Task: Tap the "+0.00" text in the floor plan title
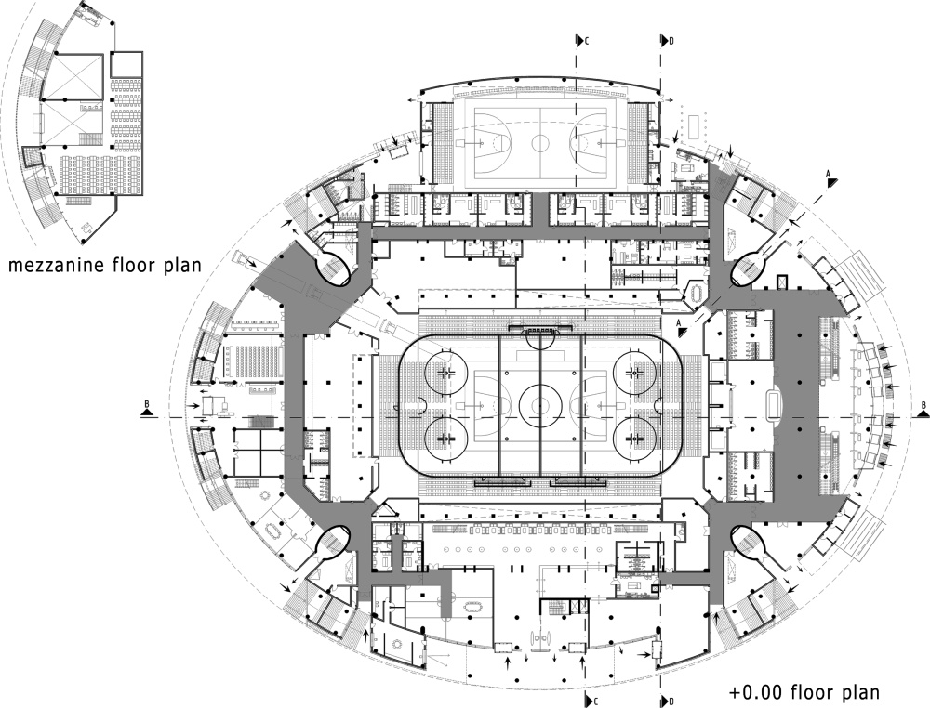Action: point(755,692)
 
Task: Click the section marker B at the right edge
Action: point(922,405)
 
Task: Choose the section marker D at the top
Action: point(667,40)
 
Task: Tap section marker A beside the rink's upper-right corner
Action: point(682,321)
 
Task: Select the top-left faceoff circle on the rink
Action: point(446,371)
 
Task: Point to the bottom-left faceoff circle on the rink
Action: point(446,436)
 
